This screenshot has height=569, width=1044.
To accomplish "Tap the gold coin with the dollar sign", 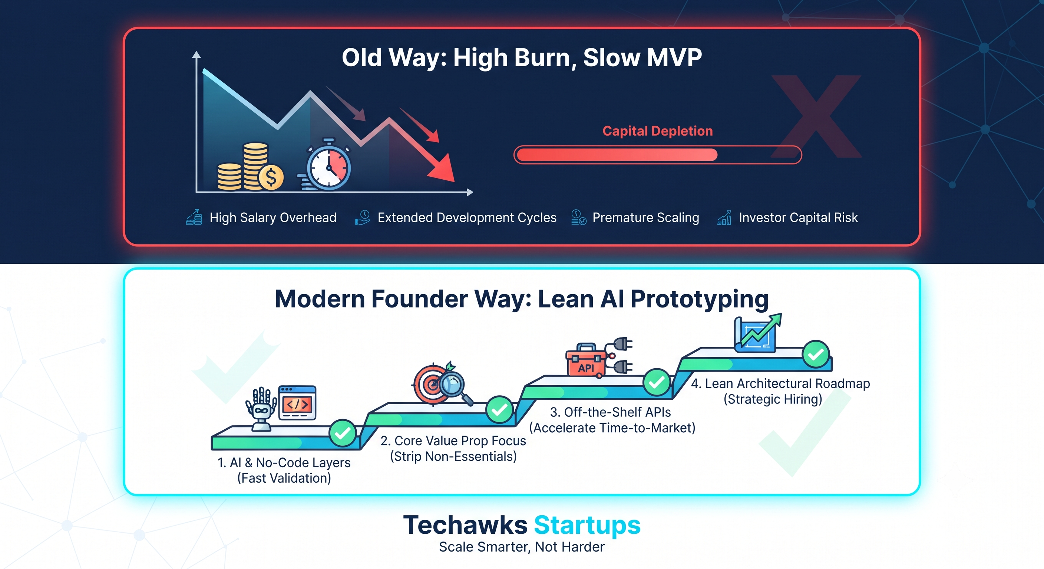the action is pyautogui.click(x=271, y=177).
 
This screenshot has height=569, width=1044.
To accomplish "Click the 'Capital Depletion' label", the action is pyautogui.click(x=657, y=131).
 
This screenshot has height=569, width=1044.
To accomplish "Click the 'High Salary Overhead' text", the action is pyautogui.click(x=273, y=217).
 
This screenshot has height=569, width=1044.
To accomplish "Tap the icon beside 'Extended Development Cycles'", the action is pyautogui.click(x=362, y=217).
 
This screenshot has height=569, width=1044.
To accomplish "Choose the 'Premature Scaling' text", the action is pyautogui.click(x=645, y=217).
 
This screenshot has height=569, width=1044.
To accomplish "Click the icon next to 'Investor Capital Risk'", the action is pyautogui.click(x=724, y=217).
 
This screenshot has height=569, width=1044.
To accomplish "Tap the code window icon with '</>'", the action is pyautogui.click(x=297, y=403).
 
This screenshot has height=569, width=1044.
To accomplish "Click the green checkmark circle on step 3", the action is pyautogui.click(x=657, y=382).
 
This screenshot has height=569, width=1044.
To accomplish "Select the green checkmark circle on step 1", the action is pyautogui.click(x=343, y=433).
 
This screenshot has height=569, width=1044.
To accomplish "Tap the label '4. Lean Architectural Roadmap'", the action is pyautogui.click(x=780, y=383).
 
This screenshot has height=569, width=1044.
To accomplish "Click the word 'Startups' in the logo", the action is pyautogui.click(x=587, y=525).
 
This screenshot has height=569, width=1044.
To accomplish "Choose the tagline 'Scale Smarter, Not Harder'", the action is pyautogui.click(x=522, y=547).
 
